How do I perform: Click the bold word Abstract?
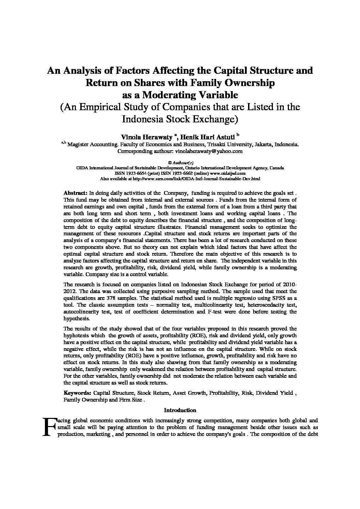click(76, 193)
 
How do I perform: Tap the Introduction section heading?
click(180, 410)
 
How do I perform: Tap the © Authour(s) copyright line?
click(180, 163)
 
